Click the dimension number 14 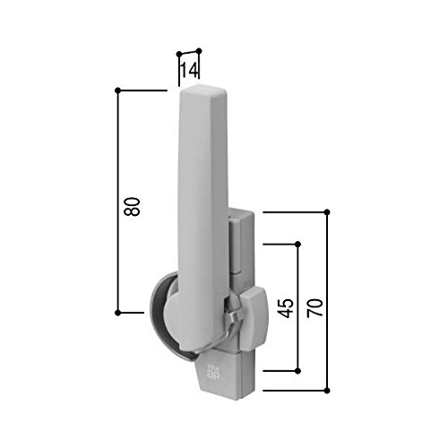coord(189,71)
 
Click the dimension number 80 coord(132,206)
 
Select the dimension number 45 coord(285,308)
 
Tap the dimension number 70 coord(315,307)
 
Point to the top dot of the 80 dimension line coord(117,90)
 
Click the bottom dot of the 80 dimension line coord(117,313)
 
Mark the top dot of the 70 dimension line coord(327,212)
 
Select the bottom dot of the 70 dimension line coord(327,391)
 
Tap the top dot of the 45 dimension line coord(297,245)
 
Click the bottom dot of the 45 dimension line coord(297,371)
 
